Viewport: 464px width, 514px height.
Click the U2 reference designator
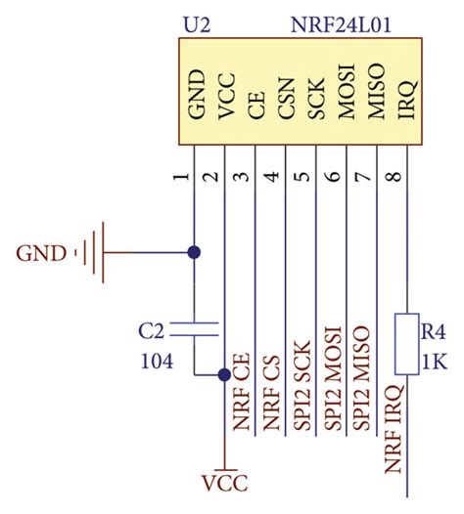point(195,22)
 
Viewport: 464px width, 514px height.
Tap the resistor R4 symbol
point(406,343)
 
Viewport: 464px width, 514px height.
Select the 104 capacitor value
point(157,361)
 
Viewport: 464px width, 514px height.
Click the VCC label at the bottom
point(224,484)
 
